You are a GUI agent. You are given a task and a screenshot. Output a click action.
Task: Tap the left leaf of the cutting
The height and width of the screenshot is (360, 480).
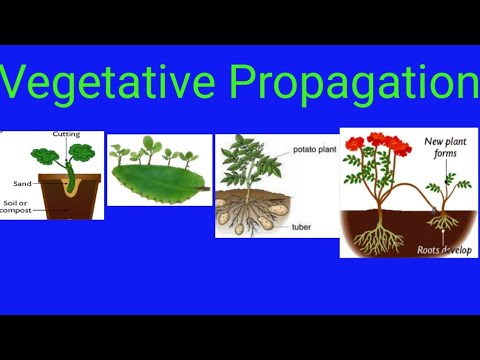44,159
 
